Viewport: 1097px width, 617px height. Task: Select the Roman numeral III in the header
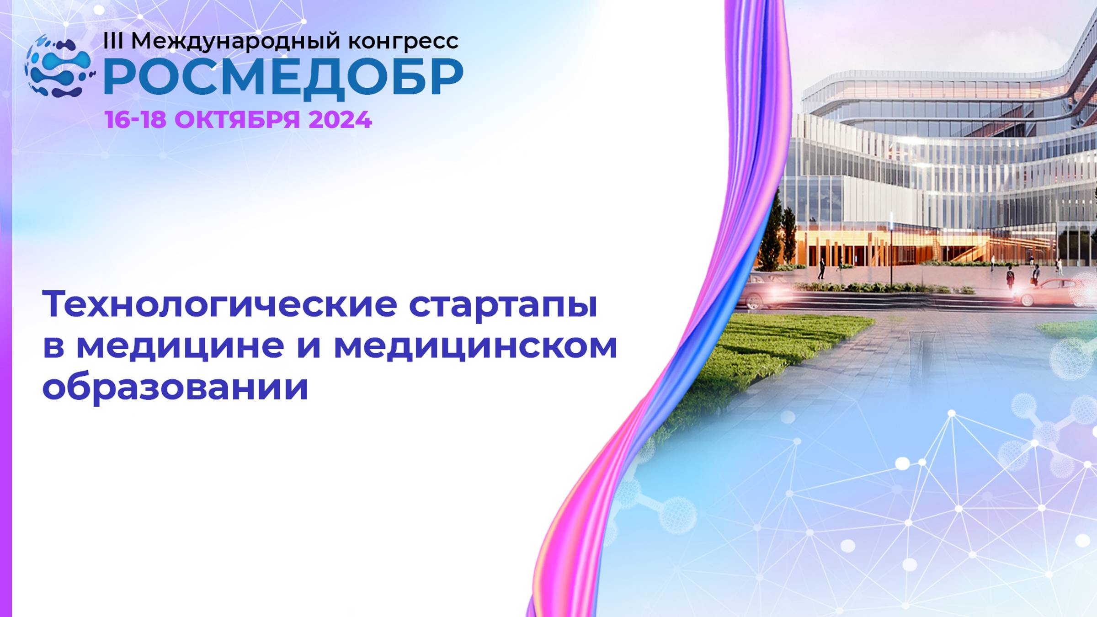click(113, 41)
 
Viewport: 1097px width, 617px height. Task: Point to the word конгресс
click(403, 42)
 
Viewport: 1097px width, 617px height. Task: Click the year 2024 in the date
click(340, 120)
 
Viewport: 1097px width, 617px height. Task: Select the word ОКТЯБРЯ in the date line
click(237, 120)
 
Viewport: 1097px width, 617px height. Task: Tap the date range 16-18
click(135, 120)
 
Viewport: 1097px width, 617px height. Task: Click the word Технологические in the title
click(219, 304)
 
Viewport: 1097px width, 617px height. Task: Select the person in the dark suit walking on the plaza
click(821, 269)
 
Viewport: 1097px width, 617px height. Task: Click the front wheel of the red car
click(1027, 299)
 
